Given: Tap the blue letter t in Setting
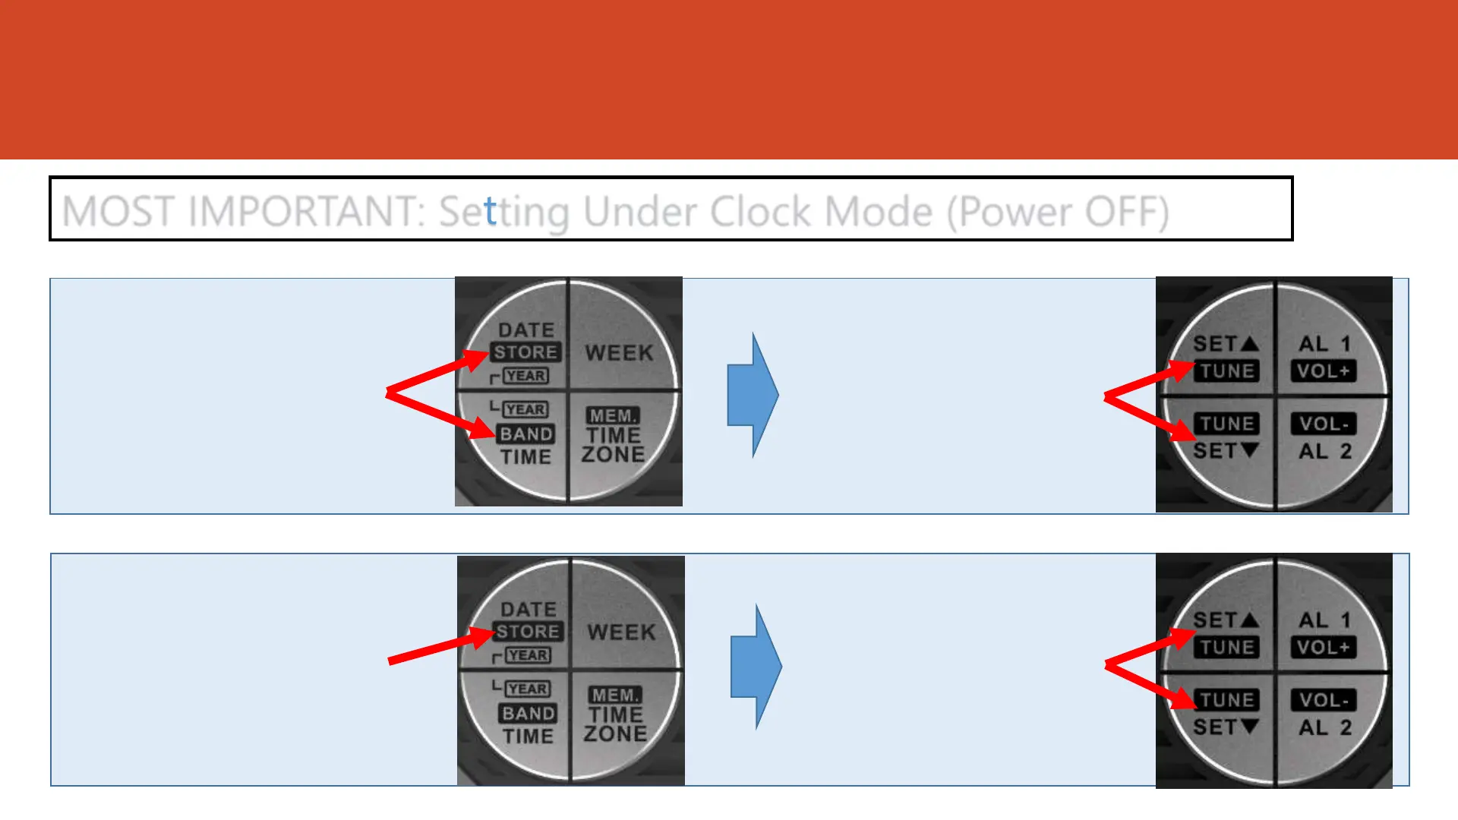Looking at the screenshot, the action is (490, 211).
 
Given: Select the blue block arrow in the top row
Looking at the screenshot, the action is (753, 395).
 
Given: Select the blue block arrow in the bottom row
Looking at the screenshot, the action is (756, 667).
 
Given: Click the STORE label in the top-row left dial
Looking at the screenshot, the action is (525, 352).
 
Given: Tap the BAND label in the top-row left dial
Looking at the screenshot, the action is (526, 434).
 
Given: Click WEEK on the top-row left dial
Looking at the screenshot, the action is (619, 353).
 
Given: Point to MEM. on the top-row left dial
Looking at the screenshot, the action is (613, 415).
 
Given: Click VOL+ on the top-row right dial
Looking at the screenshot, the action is (1323, 371).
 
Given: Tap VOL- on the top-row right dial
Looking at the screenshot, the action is (1324, 424).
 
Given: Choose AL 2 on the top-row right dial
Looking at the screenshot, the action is (1324, 451).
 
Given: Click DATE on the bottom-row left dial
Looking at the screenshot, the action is (529, 610).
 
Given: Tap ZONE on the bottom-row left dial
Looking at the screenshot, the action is (615, 733).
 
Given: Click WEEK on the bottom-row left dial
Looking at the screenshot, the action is (621, 632).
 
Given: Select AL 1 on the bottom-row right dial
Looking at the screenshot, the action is (1324, 620).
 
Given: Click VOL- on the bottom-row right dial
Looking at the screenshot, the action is (1324, 700).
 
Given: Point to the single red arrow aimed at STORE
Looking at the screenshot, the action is (440, 646).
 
